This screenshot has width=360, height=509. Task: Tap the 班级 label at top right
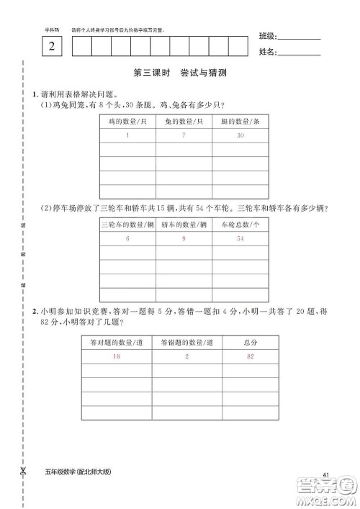pyautogui.click(x=267, y=37)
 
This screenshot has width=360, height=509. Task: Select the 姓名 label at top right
pyautogui.click(x=267, y=52)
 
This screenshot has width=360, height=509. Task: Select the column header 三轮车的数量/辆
pyautogui.click(x=127, y=224)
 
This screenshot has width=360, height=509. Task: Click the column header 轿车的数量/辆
pyautogui.click(x=184, y=224)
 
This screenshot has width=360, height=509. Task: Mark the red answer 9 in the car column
pyautogui.click(x=184, y=238)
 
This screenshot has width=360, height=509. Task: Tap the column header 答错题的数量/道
pyautogui.click(x=186, y=342)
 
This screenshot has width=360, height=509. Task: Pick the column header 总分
pyautogui.click(x=249, y=342)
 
